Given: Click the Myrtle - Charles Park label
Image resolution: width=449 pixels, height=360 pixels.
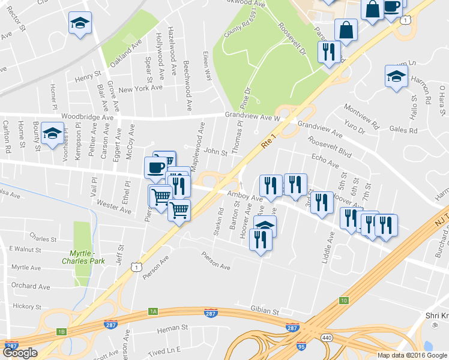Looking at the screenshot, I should coord(83,257).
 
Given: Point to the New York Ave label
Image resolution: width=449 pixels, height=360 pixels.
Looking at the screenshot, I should coord(140,88).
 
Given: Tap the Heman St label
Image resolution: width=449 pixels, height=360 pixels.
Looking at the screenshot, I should coord(172,329).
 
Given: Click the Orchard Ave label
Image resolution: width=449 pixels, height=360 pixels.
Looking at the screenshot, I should coord(31,286).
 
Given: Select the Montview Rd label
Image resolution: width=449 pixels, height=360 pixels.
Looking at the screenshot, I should coord(362,117).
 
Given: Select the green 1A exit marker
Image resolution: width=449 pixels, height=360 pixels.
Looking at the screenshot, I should coord(153,311).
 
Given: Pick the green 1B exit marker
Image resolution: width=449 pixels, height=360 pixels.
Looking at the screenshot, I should coord(61,332).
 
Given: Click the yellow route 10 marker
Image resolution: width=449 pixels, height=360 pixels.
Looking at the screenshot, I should coord(343,300).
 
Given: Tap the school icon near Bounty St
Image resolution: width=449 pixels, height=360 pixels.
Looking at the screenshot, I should coord(53,134).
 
